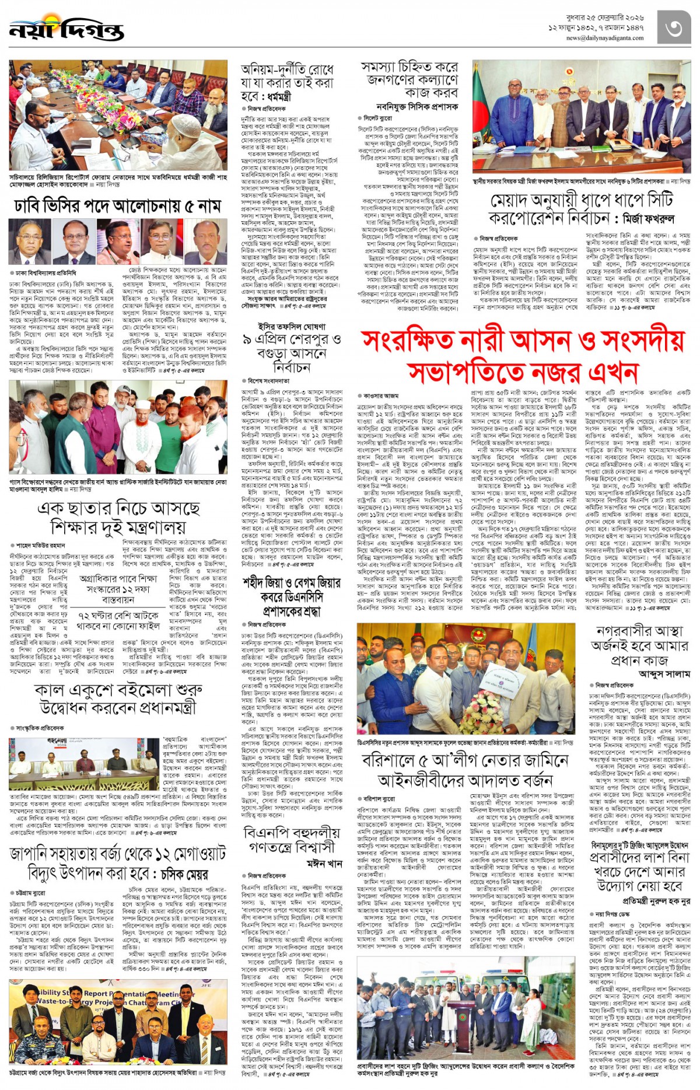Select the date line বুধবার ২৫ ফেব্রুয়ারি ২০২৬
click(x=605, y=18)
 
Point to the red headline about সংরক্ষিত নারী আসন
click(x=522, y=355)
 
